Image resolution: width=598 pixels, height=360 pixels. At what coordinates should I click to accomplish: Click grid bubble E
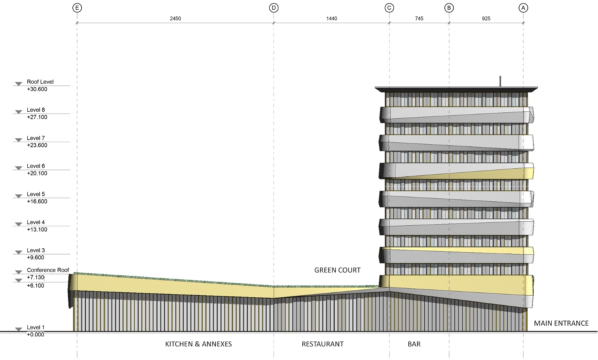[x=77, y=8]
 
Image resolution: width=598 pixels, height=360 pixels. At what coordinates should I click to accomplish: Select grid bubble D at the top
[x=274, y=8]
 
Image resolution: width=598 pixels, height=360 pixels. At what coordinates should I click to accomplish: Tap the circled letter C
[x=389, y=8]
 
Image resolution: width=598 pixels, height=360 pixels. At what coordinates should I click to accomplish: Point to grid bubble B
[x=449, y=8]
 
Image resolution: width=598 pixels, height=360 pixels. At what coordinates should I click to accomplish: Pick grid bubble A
[x=523, y=8]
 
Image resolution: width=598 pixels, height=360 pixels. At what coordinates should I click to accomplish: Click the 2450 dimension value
[x=175, y=19]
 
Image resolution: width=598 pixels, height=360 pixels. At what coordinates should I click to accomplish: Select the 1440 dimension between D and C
[x=331, y=19]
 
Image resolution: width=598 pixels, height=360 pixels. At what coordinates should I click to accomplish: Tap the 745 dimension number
[x=419, y=19]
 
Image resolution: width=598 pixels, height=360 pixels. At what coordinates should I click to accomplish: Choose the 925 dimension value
[x=486, y=19]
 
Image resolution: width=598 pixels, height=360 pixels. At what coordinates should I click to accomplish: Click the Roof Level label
[x=40, y=82]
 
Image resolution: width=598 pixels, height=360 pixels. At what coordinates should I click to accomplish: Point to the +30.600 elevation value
[x=37, y=89]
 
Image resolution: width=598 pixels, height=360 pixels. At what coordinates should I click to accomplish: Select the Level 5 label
[x=36, y=194]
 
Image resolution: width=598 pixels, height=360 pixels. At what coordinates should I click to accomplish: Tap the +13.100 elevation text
[x=37, y=230]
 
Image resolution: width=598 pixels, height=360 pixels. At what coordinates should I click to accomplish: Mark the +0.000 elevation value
[x=35, y=335]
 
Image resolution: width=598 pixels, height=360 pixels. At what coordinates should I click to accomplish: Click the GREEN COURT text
[x=337, y=270]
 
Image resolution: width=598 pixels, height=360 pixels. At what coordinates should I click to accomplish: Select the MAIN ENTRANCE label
[x=561, y=323]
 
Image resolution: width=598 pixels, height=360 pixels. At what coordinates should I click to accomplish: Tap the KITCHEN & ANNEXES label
[x=198, y=344]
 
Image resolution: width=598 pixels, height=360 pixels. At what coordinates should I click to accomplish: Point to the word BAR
[x=414, y=344]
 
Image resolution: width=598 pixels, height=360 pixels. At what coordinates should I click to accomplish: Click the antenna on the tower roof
[x=500, y=81]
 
